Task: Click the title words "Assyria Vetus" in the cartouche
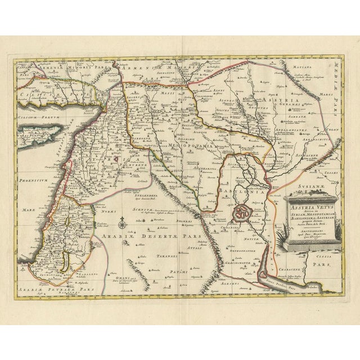(x=308, y=205)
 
